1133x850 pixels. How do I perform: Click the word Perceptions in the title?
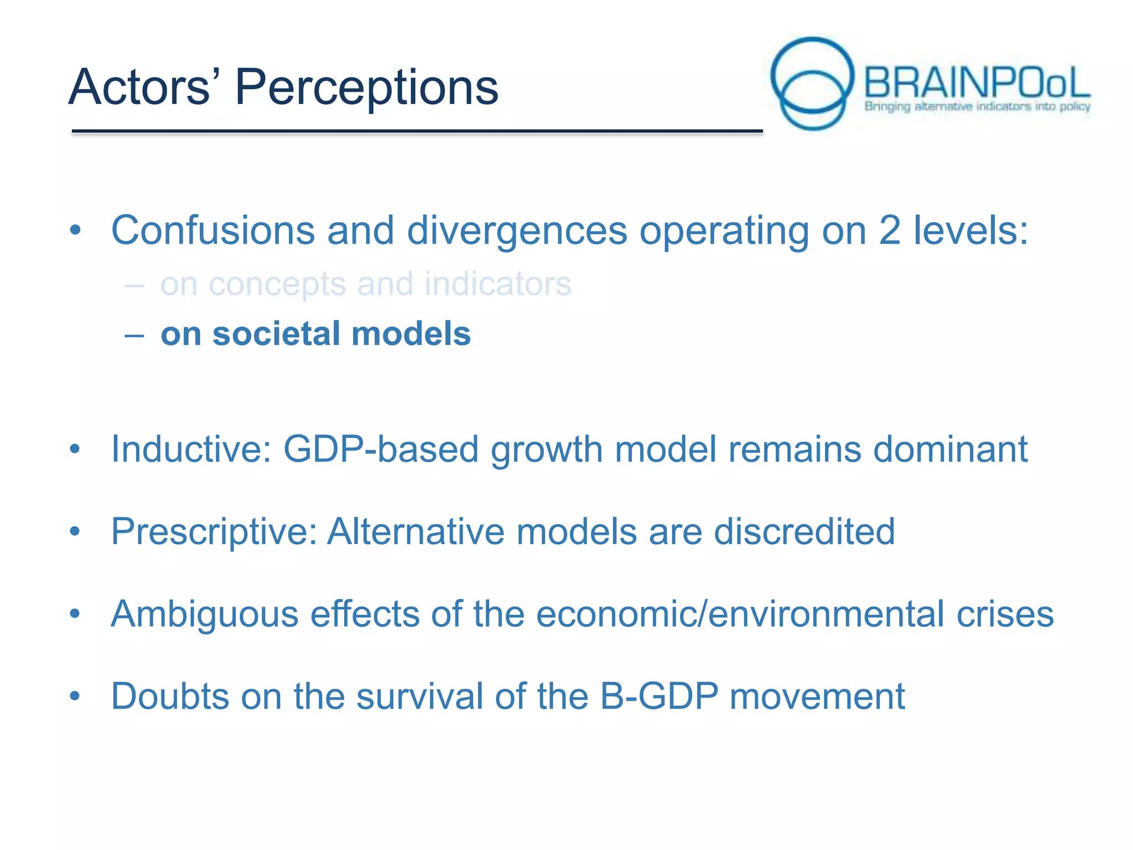pos(366,87)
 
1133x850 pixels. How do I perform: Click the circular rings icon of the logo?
pos(812,83)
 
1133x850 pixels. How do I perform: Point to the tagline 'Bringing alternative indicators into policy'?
pos(977,106)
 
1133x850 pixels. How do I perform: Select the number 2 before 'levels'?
pos(889,230)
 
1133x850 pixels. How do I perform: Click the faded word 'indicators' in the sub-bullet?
pos(497,284)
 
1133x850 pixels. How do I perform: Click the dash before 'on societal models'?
pos(134,335)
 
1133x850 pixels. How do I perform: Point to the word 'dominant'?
pos(950,449)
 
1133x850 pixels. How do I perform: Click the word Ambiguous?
pos(204,614)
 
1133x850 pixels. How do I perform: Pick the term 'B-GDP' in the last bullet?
pos(659,696)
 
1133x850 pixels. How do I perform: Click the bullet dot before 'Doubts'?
pos(75,696)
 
